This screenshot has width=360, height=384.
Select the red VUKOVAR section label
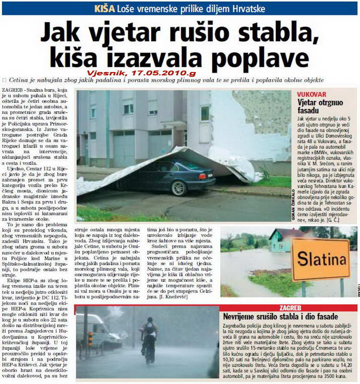[x=312, y=95]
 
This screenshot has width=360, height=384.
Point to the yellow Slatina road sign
[x=320, y=260]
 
